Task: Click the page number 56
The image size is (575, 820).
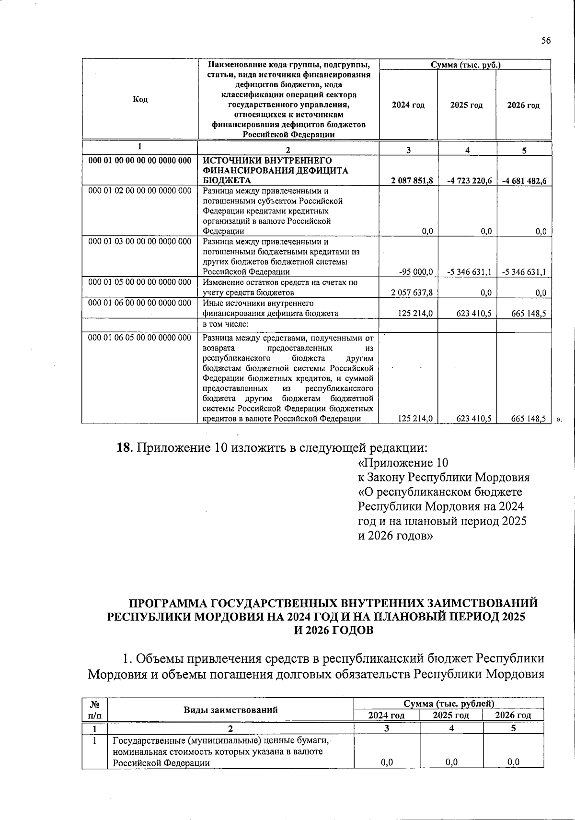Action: point(546,41)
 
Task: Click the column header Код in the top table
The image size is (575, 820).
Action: point(140,99)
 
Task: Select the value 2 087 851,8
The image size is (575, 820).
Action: point(412,181)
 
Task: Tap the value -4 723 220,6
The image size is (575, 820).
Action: point(470,181)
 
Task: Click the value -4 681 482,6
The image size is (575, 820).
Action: point(525,181)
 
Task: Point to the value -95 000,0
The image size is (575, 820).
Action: point(416,272)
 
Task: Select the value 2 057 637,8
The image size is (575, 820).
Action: point(412,293)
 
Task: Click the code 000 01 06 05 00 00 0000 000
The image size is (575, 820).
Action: point(140,338)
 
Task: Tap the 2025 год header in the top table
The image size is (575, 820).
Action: point(466,105)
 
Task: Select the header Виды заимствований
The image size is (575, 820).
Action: point(230,710)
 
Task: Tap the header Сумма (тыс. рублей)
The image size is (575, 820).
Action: point(448,703)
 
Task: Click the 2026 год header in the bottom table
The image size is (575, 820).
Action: point(513,715)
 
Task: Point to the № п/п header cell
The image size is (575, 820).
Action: point(95,710)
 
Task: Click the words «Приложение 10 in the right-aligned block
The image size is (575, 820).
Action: point(403,463)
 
